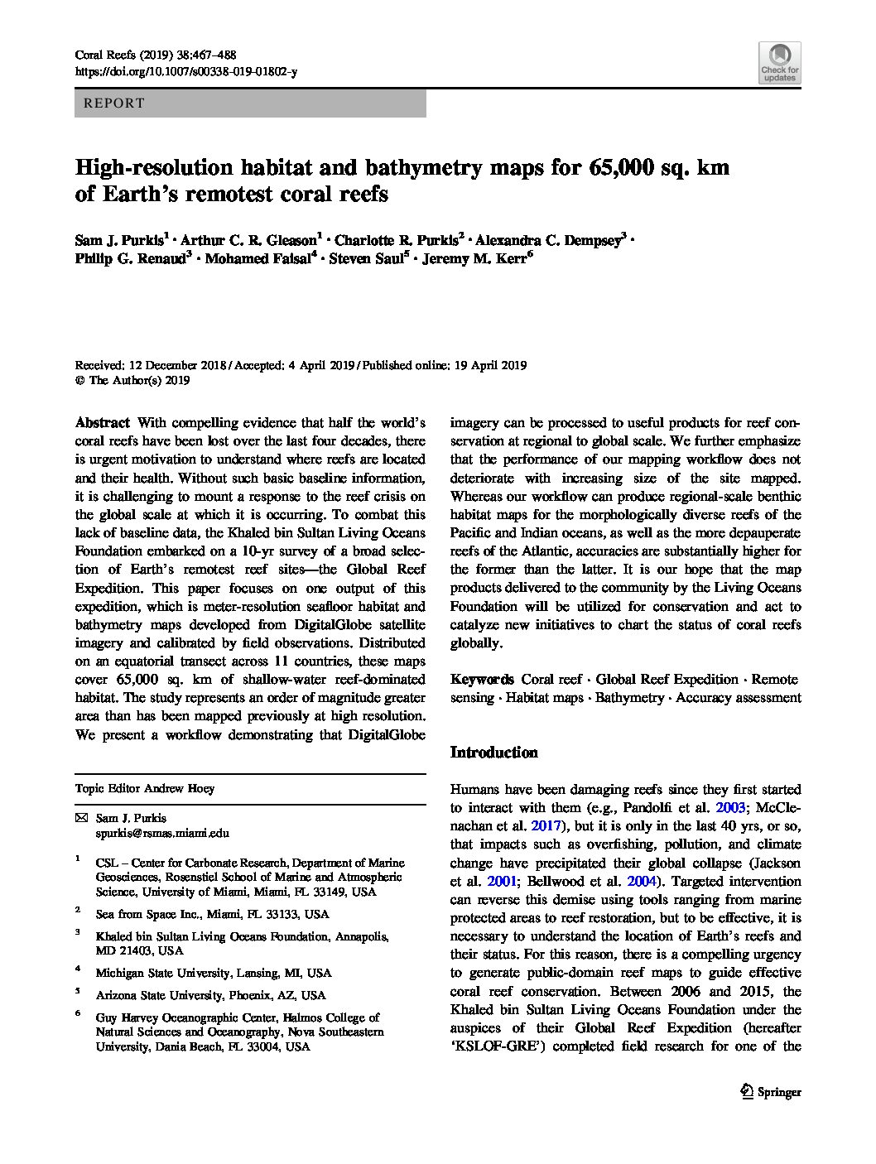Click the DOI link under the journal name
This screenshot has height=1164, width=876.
pos(185,72)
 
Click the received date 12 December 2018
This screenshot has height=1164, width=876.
pos(174,365)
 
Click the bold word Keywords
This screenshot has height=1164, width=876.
pos(482,679)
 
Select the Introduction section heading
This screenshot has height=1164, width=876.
pos(493,753)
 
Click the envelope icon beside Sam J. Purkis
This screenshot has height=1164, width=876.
pos(80,818)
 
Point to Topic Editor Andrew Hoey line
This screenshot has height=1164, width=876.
pos(145,789)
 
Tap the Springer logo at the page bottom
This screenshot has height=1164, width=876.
pos(768,1092)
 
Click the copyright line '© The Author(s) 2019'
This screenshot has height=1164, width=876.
pos(132,381)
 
